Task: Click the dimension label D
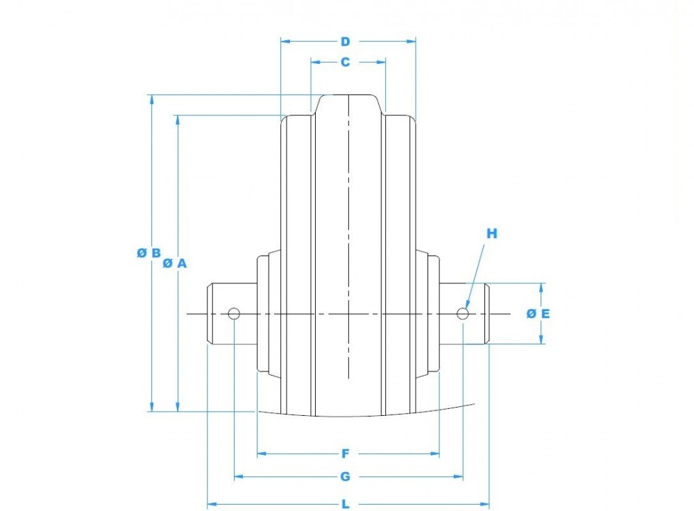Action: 345,42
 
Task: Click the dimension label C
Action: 345,62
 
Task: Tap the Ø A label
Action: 175,263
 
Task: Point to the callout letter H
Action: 491,234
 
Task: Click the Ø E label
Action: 538,314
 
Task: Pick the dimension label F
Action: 345,454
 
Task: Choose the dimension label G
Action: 345,477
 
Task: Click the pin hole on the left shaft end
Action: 234,314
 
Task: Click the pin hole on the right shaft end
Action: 463,314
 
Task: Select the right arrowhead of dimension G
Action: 458,477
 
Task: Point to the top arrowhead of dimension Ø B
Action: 151,99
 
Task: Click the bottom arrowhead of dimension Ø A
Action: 178,407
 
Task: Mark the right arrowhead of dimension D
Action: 411,42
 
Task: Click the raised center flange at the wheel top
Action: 348,104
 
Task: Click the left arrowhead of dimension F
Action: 262,454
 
